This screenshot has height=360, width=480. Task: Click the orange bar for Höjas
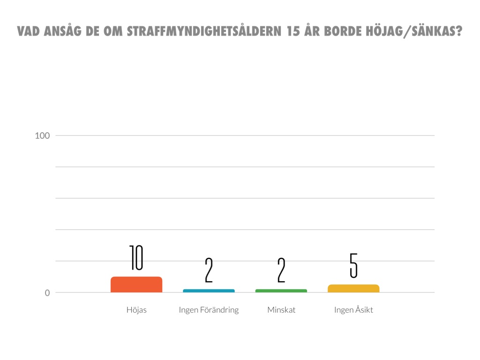(x=136, y=285)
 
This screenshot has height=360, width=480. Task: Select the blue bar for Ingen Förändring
(x=209, y=291)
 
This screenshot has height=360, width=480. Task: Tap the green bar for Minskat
(x=281, y=291)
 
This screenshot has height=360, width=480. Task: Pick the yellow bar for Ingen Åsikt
(x=353, y=288)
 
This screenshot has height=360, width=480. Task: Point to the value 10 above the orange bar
(x=136, y=258)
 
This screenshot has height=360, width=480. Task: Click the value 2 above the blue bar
(x=209, y=270)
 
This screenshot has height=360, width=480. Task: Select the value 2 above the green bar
(x=281, y=270)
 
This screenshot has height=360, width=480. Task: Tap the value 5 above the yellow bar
(x=353, y=265)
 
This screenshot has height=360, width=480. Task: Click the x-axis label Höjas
(x=136, y=310)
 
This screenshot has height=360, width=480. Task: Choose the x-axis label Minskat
(x=281, y=310)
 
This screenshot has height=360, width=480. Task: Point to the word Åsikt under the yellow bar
(x=363, y=310)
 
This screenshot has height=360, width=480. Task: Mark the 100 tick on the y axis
(x=42, y=136)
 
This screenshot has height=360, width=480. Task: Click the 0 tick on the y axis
(x=47, y=293)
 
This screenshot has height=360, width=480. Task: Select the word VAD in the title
(x=28, y=31)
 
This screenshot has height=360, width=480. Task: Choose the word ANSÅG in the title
(x=62, y=31)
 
